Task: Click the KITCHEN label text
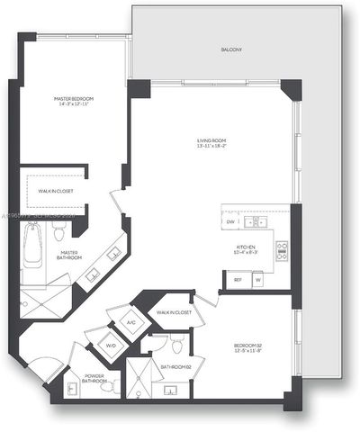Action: point(247,248)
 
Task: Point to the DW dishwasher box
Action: point(230,221)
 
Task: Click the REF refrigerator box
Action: point(238,280)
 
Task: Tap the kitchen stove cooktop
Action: point(281,250)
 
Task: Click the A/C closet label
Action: point(130,321)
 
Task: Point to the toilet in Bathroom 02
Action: point(178,346)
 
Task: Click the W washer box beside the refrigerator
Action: point(257,280)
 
